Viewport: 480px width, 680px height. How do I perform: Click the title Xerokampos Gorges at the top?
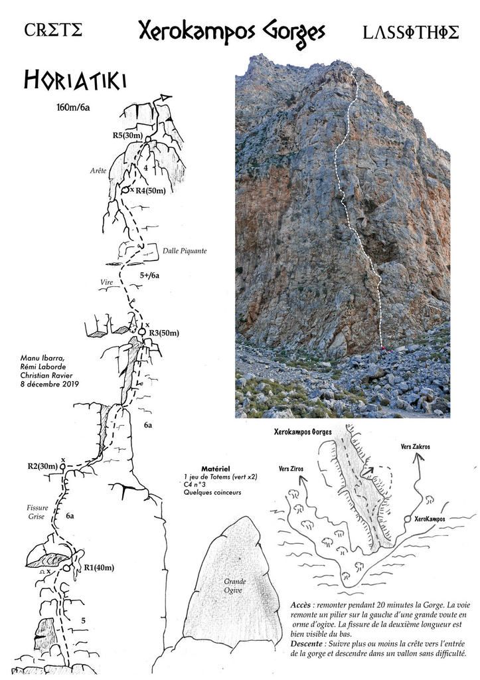pyautogui.click(x=232, y=33)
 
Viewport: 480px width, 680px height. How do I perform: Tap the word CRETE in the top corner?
pyautogui.click(x=53, y=30)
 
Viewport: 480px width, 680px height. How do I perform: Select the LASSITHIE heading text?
pyautogui.click(x=410, y=33)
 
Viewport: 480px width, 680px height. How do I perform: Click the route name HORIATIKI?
pyautogui.click(x=74, y=80)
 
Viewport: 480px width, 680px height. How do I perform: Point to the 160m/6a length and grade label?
pyautogui.click(x=73, y=107)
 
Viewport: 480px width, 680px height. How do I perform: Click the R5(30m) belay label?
pyautogui.click(x=127, y=135)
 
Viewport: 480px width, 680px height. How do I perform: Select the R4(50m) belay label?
pyautogui.click(x=151, y=191)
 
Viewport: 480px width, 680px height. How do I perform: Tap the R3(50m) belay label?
pyautogui.click(x=163, y=333)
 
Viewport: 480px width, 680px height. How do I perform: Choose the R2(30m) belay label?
pyautogui.click(x=42, y=467)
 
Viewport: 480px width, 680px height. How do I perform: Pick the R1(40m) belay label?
pyautogui.click(x=99, y=567)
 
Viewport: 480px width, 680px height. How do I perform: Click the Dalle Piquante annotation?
pyautogui.click(x=185, y=251)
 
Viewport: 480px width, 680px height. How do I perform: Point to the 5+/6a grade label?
pyautogui.click(x=149, y=276)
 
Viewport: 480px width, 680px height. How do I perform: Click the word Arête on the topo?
pyautogui.click(x=98, y=171)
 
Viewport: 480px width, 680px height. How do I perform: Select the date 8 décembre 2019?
pyautogui.click(x=49, y=384)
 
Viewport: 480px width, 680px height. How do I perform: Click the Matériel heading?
pyautogui.click(x=216, y=469)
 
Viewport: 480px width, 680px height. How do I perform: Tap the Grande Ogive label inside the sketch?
pyautogui.click(x=235, y=586)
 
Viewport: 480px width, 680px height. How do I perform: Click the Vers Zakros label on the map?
pyautogui.click(x=415, y=446)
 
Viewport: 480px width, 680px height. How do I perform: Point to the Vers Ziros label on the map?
pyautogui.click(x=291, y=469)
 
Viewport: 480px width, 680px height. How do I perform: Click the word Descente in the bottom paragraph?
pyautogui.click(x=307, y=644)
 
